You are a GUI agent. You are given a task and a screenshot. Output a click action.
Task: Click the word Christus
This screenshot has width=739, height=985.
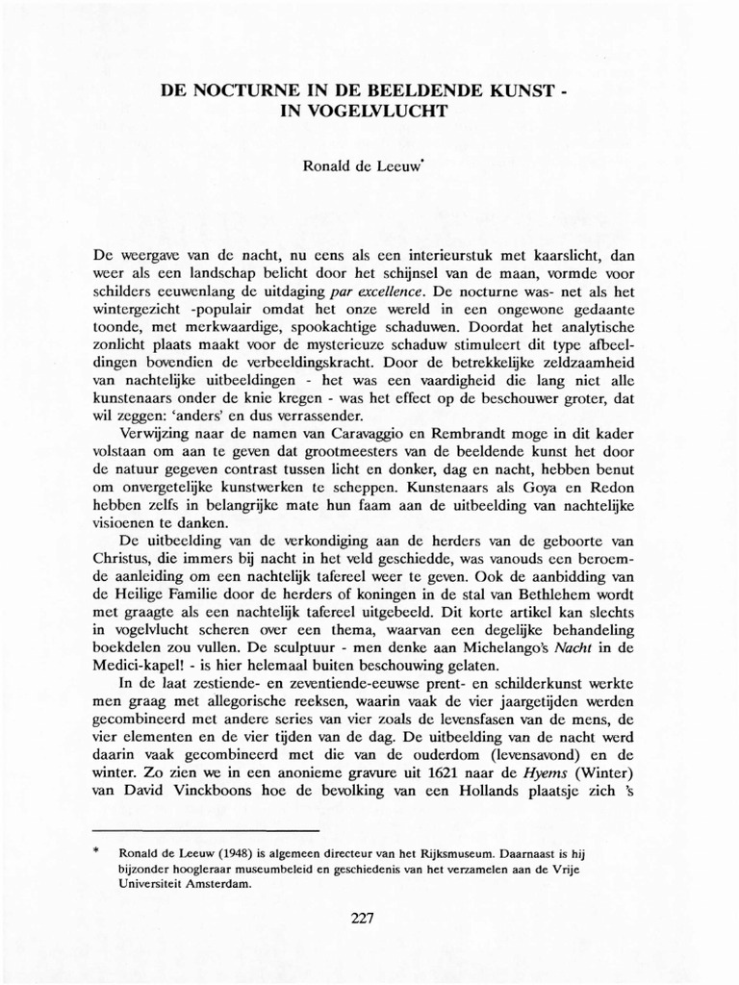tap(125, 559)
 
